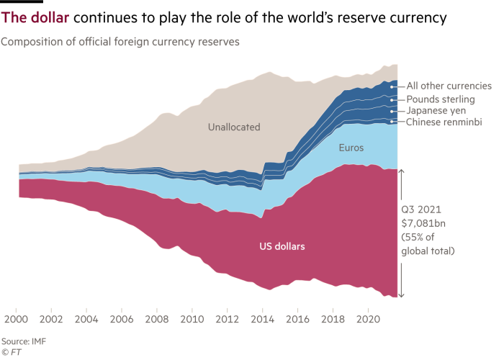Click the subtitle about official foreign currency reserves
click(120, 42)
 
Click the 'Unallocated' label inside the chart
click(234, 127)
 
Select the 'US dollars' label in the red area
click(282, 246)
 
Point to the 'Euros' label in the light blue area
click(351, 148)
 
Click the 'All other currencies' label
click(449, 86)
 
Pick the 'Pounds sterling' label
click(440, 99)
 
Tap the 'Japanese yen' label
click(436, 111)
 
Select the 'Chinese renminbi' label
click(443, 123)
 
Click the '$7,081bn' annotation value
click(423, 225)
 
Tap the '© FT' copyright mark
click(10, 351)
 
